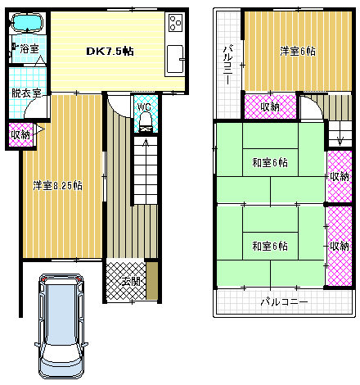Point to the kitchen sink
(x=176, y=59)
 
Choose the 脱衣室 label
(x=27, y=93)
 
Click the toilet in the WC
(x=146, y=122)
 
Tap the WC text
(x=145, y=106)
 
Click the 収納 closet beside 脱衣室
(x=20, y=134)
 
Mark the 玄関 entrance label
(x=129, y=282)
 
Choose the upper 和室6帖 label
(x=269, y=162)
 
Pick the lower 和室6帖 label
(x=269, y=246)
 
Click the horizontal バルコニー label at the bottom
(x=284, y=302)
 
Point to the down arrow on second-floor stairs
(x=338, y=138)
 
